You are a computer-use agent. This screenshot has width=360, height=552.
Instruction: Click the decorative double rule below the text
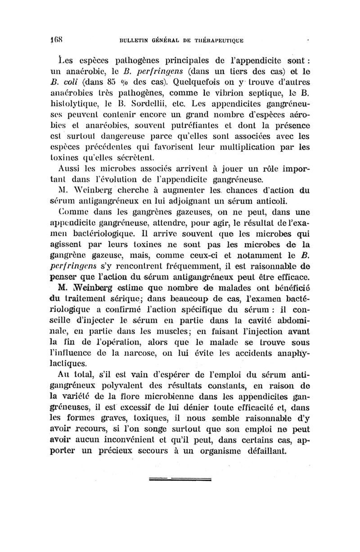(180, 478)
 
